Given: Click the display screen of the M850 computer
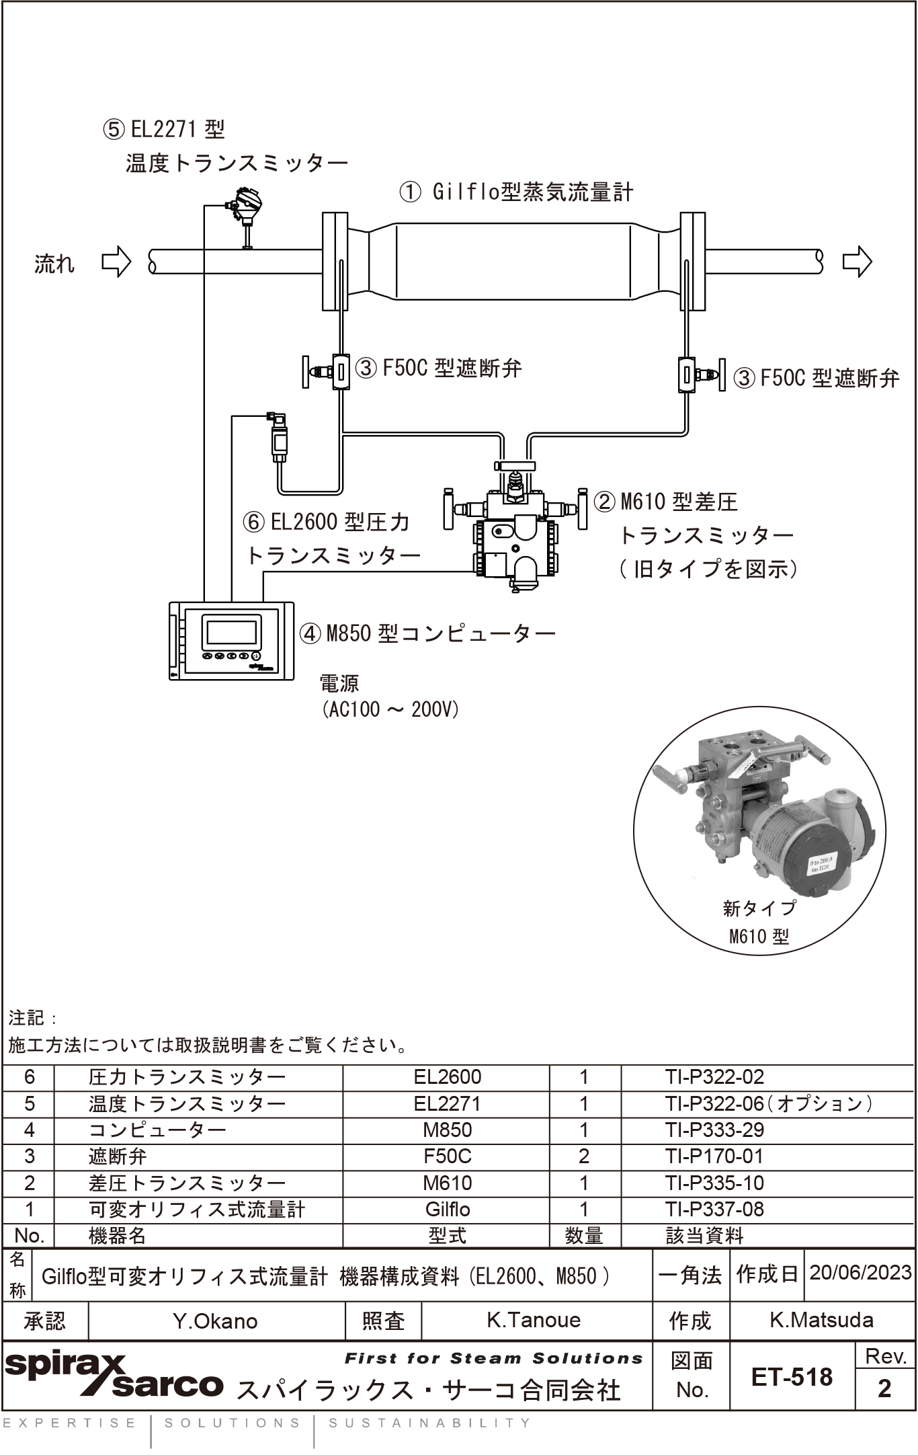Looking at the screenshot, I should click(x=231, y=633).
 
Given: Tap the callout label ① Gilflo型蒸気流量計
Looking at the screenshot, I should click(x=516, y=193).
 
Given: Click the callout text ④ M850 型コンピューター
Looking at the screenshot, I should click(x=427, y=633).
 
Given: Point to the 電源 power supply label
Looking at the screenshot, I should click(x=339, y=683).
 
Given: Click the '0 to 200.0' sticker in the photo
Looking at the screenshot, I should click(x=821, y=863).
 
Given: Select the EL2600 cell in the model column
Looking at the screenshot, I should click(x=448, y=1076).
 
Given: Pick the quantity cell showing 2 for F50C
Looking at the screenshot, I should click(x=584, y=1156).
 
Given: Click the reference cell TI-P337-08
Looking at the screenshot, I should click(x=714, y=1209).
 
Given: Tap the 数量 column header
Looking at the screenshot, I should click(x=584, y=1235).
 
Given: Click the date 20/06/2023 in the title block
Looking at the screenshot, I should click(x=860, y=1272).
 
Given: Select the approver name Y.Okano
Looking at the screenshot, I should click(x=215, y=1321).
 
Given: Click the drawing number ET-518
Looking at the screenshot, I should click(x=792, y=1377).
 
